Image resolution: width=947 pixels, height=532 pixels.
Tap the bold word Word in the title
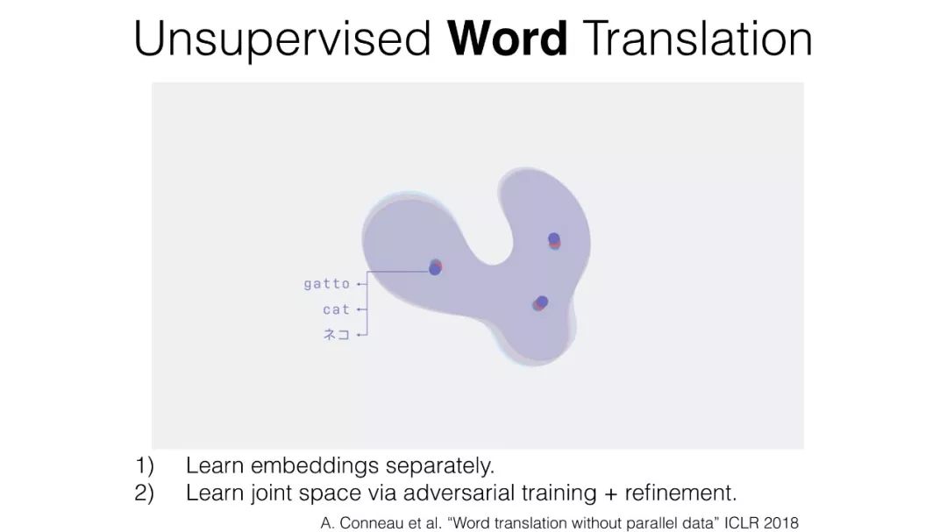click(508, 39)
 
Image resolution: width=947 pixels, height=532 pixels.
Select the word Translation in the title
click(699, 39)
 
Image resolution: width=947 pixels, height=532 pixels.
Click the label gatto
click(327, 283)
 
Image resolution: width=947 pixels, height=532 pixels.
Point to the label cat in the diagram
click(337, 309)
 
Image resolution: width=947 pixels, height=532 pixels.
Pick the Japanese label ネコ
click(337, 334)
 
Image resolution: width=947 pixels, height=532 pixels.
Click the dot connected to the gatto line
click(436, 267)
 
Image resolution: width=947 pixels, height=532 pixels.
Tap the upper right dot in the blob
click(554, 240)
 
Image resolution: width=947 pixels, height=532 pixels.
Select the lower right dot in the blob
click(540, 303)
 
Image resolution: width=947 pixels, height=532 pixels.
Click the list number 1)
click(145, 465)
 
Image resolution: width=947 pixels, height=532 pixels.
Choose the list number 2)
click(145, 493)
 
